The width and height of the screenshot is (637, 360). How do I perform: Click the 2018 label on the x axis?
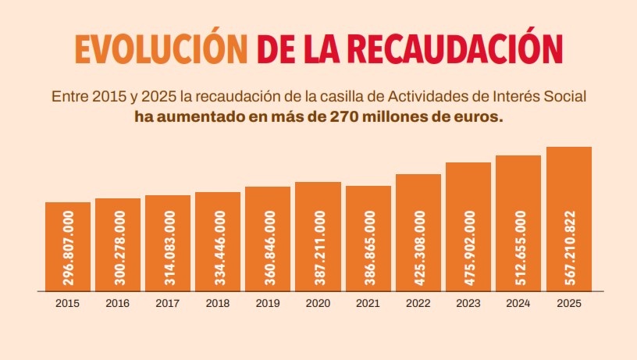pyautogui.click(x=218, y=304)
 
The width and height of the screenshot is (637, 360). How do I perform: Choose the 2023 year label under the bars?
pyautogui.click(x=468, y=304)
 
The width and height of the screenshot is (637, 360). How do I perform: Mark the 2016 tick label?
pyautogui.click(x=118, y=304)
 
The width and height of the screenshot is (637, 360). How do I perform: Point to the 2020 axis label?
pyautogui.click(x=318, y=304)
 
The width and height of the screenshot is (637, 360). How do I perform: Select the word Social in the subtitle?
pyautogui.click(x=565, y=98)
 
